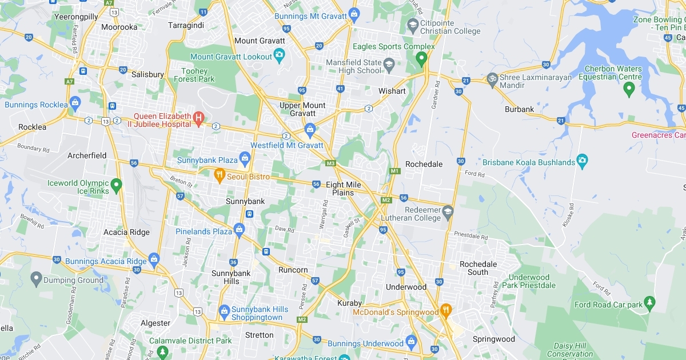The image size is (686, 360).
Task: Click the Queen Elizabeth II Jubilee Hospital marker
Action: pos(198,118)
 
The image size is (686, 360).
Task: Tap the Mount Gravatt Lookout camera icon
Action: pos(279,55)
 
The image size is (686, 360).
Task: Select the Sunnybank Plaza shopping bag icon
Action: pos(245,158)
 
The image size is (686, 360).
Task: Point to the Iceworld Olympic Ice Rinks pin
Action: pos(116,185)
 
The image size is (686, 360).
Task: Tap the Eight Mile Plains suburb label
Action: pos(344,189)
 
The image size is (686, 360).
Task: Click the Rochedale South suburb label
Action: pos(478,268)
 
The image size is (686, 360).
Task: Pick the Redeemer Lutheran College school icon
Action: pos(448,212)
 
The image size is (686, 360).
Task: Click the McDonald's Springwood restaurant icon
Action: pos(446,311)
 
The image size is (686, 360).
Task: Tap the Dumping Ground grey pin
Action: pos(36,279)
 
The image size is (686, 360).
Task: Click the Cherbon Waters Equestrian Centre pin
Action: pos(629,88)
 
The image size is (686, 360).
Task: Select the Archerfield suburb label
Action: pos(87,155)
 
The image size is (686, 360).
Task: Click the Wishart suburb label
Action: pos(392,91)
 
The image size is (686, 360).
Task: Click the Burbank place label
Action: pos(519,109)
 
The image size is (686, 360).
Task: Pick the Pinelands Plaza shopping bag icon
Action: pos(239,230)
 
